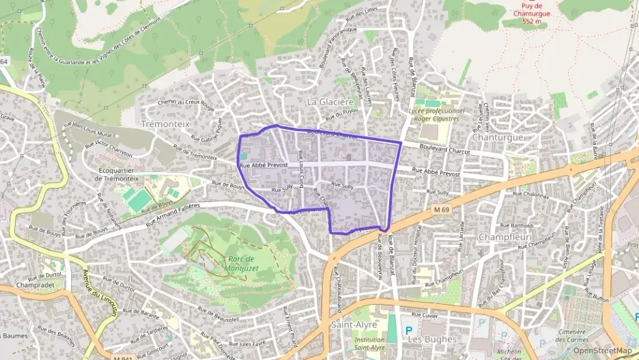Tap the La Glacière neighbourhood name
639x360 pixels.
tap(330, 102)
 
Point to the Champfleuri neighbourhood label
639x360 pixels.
tap(505, 236)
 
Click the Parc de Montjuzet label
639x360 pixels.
tap(241, 263)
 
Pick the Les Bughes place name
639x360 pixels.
tap(423, 339)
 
